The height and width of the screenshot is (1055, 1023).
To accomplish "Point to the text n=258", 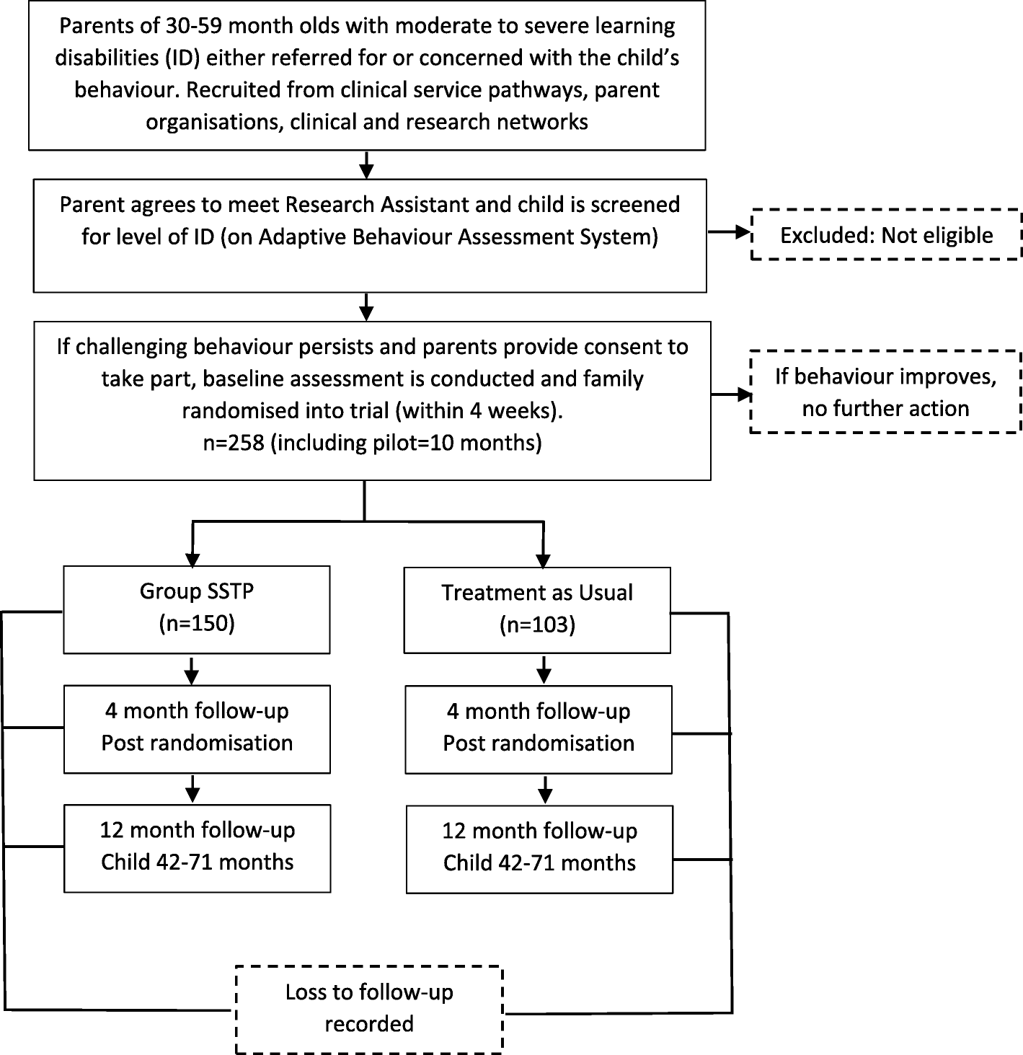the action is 234,443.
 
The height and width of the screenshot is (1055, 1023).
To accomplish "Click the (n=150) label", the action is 197,624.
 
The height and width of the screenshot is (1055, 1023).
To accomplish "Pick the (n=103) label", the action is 537,624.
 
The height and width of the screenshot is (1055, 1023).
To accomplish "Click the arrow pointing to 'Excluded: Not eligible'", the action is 729,232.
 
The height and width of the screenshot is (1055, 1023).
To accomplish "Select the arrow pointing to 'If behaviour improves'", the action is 731,394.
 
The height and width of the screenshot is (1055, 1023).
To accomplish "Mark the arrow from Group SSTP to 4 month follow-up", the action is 191,671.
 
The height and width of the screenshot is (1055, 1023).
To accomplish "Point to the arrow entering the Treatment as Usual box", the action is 543,545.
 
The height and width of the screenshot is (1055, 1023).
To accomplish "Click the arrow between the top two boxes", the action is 366,165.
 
